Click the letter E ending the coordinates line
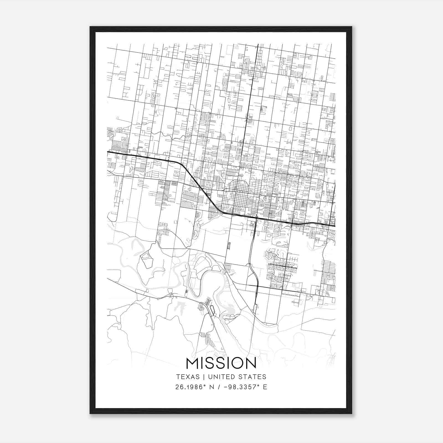click(x=265, y=387)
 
